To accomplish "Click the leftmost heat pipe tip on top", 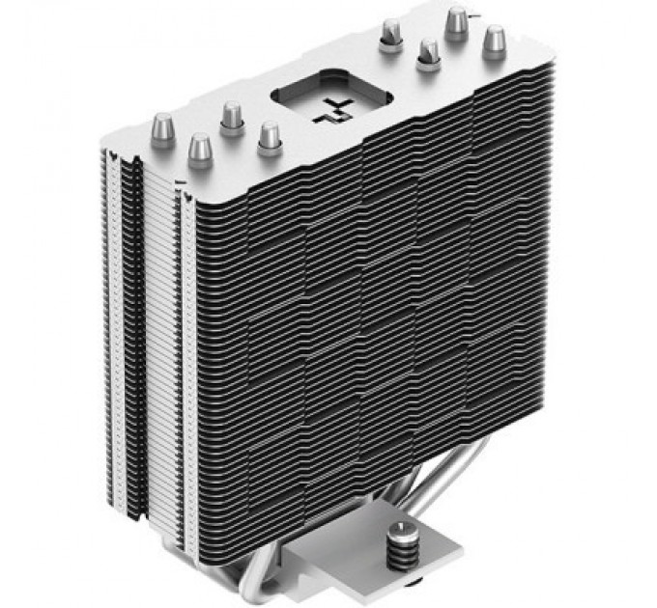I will click(x=162, y=128).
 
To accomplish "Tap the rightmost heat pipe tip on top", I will click(x=495, y=41).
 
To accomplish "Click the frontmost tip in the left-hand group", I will click(x=200, y=150).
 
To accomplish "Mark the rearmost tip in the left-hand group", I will click(x=231, y=116).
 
